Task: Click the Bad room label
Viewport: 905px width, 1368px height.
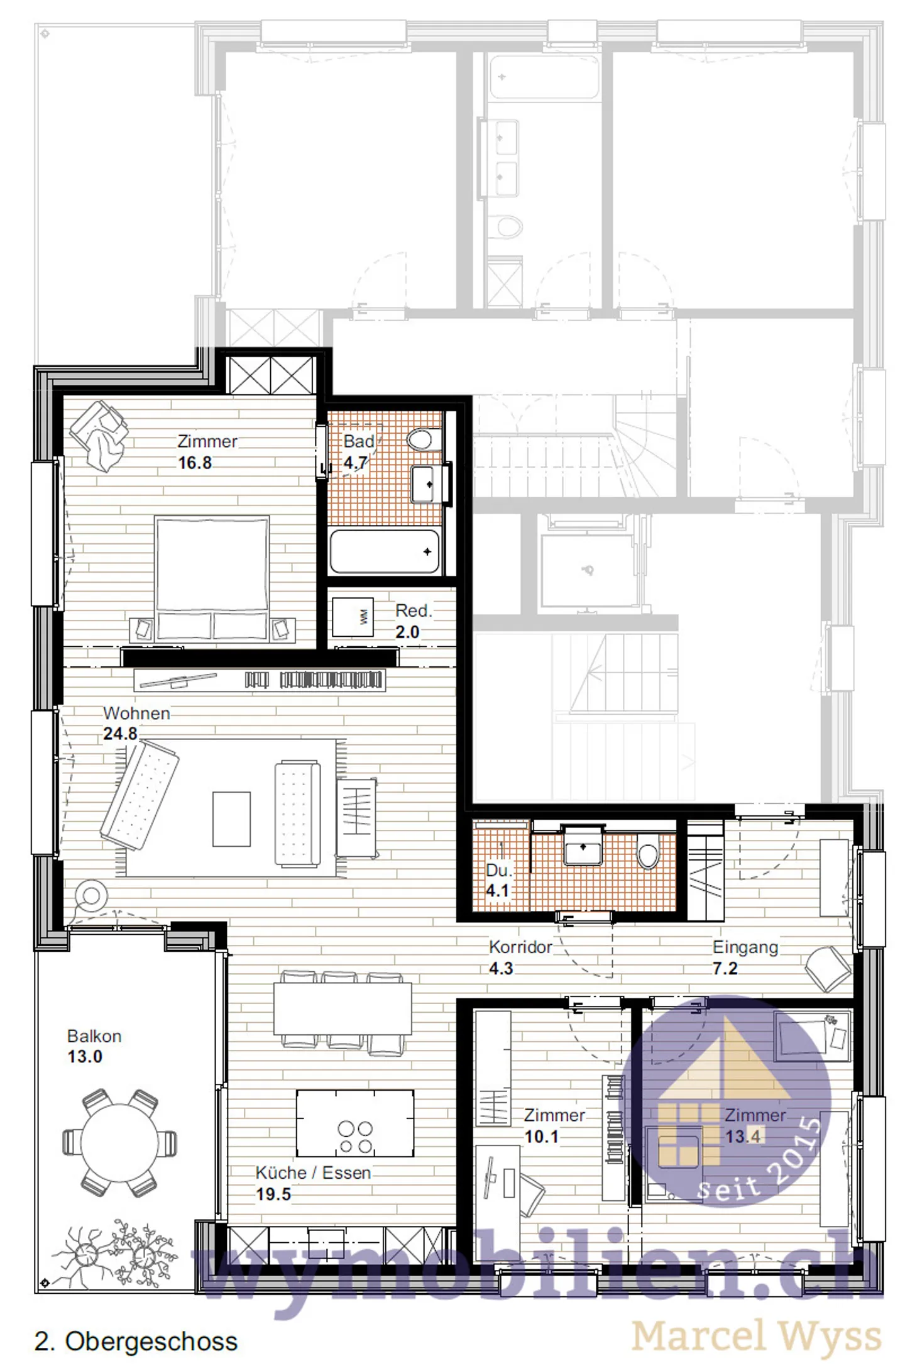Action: (358, 441)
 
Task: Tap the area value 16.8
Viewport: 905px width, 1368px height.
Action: (195, 463)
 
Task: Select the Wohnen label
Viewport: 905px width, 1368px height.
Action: (136, 713)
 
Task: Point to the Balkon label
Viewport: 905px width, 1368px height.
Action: (94, 1036)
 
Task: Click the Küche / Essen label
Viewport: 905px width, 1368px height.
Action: (313, 1172)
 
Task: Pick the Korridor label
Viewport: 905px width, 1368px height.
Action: (520, 947)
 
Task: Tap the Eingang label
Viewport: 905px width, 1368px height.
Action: (745, 947)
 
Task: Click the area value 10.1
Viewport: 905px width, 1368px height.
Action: (541, 1137)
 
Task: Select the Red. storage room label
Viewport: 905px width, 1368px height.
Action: (413, 610)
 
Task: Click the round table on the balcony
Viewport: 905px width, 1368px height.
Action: (119, 1142)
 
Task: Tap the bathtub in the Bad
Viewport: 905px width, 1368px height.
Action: (384, 551)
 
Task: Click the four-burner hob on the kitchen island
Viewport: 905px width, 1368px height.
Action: (355, 1137)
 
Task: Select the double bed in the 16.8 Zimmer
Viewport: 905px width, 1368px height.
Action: (212, 577)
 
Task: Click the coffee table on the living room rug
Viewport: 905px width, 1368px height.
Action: (231, 819)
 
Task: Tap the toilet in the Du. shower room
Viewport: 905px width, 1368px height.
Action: (648, 854)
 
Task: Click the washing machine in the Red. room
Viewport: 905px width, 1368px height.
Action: (353, 617)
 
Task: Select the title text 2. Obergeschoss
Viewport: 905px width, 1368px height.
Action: (136, 1341)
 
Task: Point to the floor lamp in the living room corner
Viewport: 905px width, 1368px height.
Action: (91, 896)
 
